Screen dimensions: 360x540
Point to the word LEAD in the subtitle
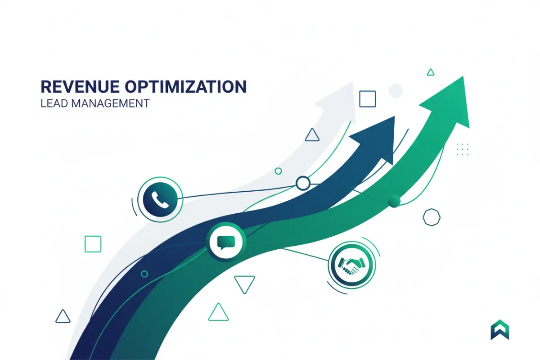[x=52, y=103]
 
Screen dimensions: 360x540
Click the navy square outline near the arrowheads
[x=367, y=99]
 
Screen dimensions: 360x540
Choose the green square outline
[x=93, y=243]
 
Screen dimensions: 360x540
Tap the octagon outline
[x=431, y=217]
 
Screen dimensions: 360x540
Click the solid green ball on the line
[x=394, y=201]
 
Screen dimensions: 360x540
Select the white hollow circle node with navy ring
[x=303, y=183]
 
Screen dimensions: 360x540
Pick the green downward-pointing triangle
[x=244, y=283]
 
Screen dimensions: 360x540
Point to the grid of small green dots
[x=462, y=149]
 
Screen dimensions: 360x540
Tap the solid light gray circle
[x=395, y=90]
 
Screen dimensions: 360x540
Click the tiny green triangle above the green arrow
[x=431, y=72]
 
